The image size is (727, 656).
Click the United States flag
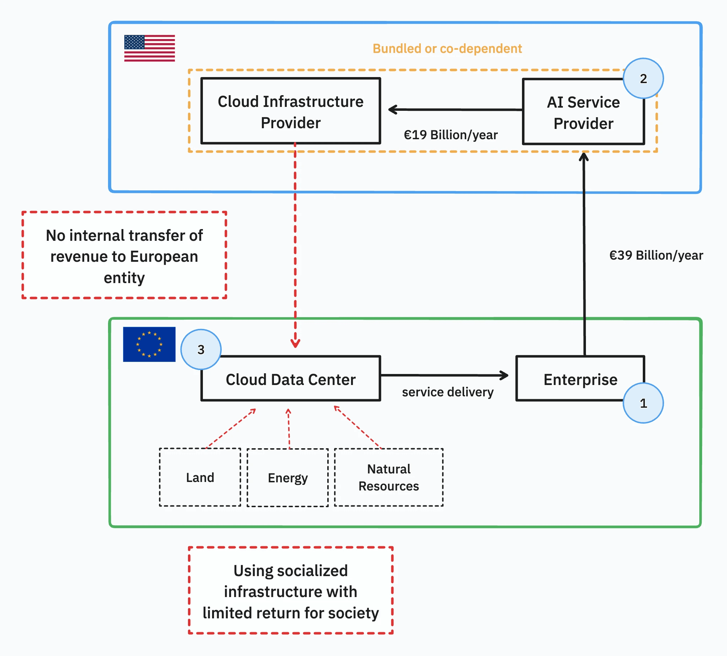pos(149,48)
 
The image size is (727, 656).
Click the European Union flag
pos(149,344)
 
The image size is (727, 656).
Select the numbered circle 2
pos(643,78)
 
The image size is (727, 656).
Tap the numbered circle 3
pos(201,349)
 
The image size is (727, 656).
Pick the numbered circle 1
pos(643,403)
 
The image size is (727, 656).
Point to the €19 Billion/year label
pos(451,135)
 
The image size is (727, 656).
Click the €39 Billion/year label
pos(656,255)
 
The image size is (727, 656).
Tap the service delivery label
pos(448,392)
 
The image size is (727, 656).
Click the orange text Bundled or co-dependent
pos(447,48)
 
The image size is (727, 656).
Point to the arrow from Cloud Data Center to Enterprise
pos(445,375)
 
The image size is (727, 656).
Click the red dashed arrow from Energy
pos(289,429)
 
